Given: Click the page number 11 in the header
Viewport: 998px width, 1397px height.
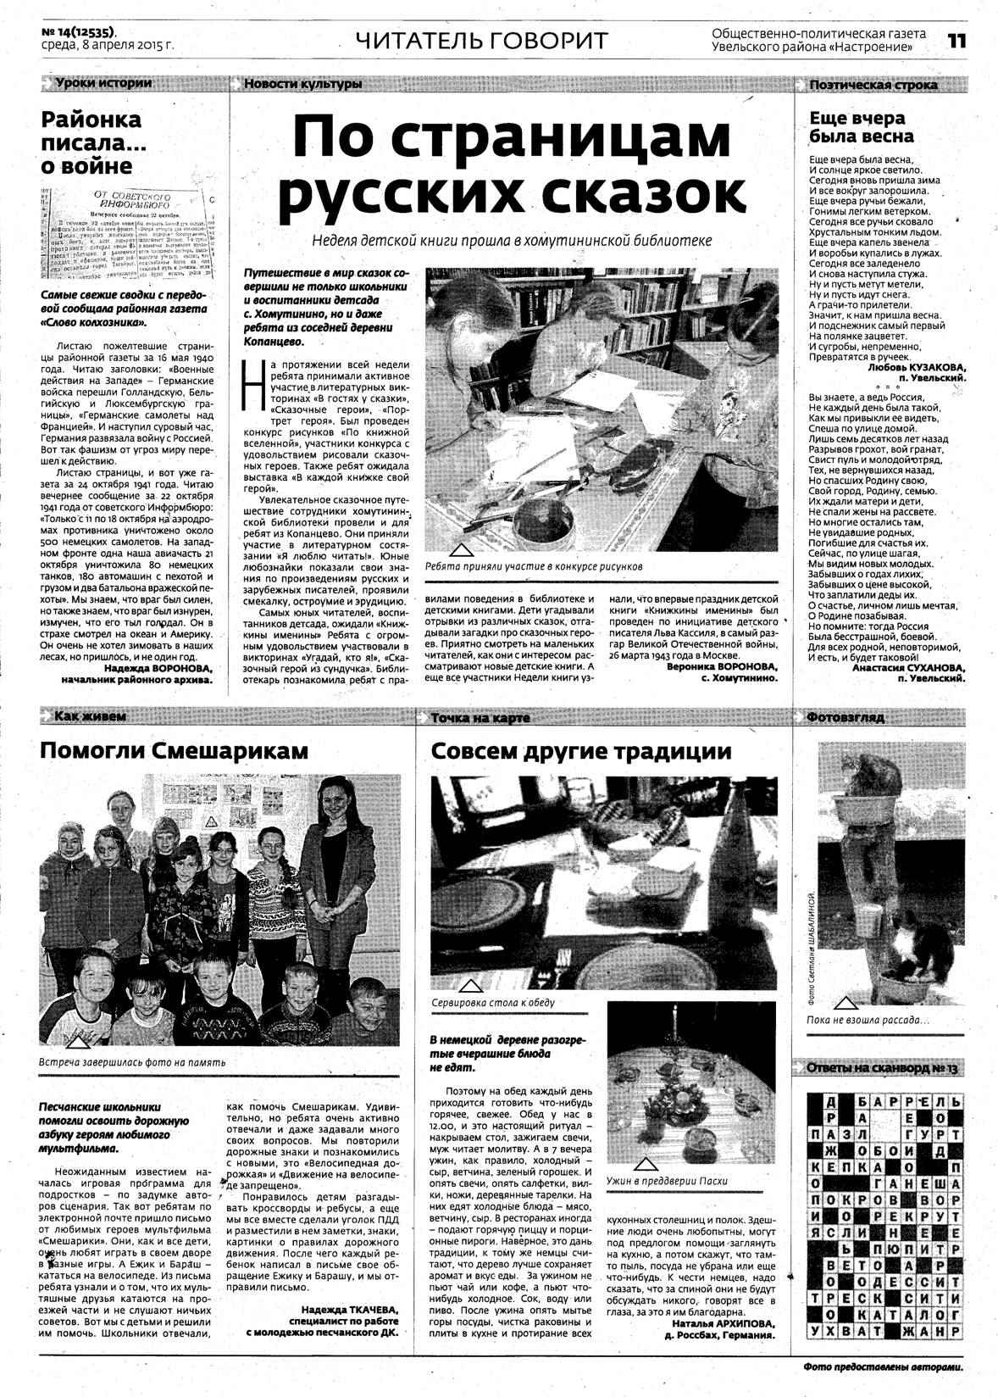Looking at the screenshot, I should (956, 41).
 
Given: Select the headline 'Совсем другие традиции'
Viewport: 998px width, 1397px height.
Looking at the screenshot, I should (581, 751).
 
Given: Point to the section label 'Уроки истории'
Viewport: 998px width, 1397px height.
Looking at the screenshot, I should (103, 83).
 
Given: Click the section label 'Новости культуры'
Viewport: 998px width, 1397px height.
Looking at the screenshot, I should (302, 84).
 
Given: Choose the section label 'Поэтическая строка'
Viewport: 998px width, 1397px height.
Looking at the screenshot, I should (873, 85).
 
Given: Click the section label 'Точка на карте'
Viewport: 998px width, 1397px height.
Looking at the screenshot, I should (480, 718).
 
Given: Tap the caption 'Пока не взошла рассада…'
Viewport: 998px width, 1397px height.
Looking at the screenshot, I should (868, 1020).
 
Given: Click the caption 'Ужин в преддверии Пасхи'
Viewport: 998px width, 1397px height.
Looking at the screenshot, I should (667, 1181).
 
